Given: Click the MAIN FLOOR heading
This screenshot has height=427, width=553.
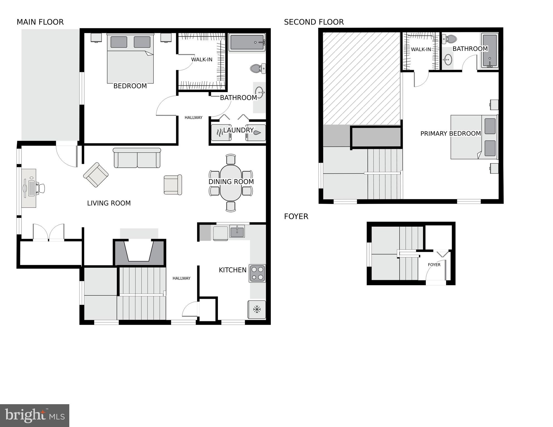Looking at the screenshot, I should click(x=40, y=22).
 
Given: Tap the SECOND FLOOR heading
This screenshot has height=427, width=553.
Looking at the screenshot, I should click(x=314, y=22).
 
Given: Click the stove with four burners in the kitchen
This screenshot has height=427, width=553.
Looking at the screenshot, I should click(x=257, y=273).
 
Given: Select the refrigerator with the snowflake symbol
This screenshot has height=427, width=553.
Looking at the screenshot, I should click(x=257, y=309).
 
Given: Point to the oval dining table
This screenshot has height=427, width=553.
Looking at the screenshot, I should click(x=231, y=183).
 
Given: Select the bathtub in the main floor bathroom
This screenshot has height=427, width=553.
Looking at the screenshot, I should click(x=247, y=42).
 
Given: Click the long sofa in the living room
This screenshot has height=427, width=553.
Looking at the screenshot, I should click(x=137, y=158).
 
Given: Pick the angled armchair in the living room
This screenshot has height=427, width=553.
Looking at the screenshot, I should click(x=96, y=175).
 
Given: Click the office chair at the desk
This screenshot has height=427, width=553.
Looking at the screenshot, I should click(x=41, y=188).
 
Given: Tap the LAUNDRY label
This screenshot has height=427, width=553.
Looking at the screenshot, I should click(x=238, y=130).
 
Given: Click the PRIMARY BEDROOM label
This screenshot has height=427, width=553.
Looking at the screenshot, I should click(x=450, y=134).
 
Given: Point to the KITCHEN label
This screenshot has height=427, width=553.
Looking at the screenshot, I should click(x=232, y=270).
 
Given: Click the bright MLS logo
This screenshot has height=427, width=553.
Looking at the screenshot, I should click(x=35, y=415).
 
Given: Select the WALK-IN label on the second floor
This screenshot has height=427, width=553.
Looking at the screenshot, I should click(x=421, y=50).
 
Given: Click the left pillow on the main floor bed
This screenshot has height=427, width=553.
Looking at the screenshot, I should click(x=119, y=42).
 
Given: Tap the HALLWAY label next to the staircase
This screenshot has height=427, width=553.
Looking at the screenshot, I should click(x=181, y=278).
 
